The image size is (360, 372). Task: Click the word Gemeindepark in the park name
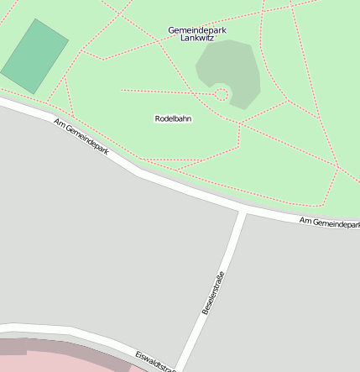coord(197,30)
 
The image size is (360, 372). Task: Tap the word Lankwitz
coord(197,39)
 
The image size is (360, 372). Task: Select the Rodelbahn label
coord(174,118)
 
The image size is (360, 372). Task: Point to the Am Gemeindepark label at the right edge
coord(329,223)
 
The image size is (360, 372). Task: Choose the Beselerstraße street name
coord(213,293)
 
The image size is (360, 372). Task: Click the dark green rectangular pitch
coord(35,56)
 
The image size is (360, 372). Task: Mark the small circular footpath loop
coord(221,94)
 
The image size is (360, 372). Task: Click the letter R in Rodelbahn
coord(158,118)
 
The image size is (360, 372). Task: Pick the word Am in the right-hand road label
coord(305,220)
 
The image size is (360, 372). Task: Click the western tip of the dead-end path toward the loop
coord(123,90)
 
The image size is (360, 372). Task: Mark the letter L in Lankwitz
coord(183,39)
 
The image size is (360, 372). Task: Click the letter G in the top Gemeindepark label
coord(171,30)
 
